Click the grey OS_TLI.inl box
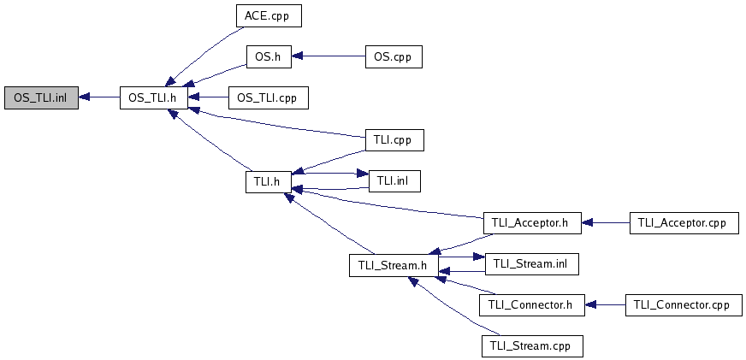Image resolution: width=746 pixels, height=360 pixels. coord(40,97)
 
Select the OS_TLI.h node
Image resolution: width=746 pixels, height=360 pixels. coord(152,97)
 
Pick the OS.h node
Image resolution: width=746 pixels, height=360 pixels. coord(269,57)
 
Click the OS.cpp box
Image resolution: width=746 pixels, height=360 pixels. coord(394,57)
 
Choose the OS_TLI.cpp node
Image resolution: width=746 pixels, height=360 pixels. coord(268,97)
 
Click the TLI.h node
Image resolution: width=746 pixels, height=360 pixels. coord(269,181)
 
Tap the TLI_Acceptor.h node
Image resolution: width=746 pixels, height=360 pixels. coord(531,222)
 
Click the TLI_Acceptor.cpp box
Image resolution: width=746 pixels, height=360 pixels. coord(682,222)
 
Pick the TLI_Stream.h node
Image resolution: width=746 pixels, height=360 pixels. coord(394,265)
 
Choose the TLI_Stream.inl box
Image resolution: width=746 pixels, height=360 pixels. coord(531,264)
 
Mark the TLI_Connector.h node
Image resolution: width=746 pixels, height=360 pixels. coord(531,304)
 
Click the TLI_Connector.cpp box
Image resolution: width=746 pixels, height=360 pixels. coord(682,304)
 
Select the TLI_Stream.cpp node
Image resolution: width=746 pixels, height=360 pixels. coord(531,346)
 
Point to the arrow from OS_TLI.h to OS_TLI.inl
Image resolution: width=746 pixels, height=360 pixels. coord(98,97)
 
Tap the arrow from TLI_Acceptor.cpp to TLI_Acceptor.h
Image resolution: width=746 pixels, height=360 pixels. coord(605,222)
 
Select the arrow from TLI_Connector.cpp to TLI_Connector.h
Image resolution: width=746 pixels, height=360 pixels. coord(605,304)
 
